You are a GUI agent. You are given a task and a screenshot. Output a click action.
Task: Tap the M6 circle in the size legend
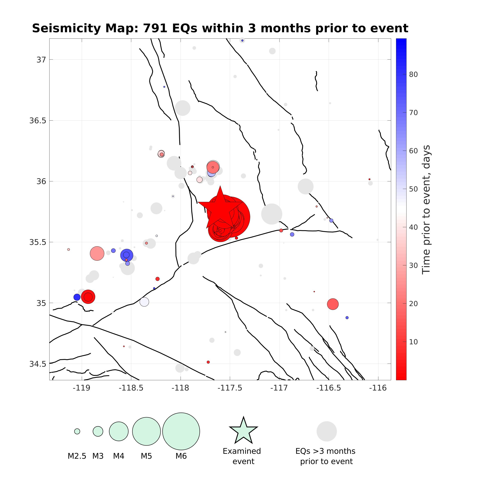181,431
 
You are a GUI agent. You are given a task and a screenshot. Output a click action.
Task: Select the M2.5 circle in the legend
77,431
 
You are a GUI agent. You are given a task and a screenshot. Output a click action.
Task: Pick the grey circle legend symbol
327,431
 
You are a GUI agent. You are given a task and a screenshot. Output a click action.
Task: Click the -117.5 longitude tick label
230,388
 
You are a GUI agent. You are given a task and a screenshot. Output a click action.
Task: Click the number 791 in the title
155,28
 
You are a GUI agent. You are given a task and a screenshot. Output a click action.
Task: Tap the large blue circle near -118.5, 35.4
127,255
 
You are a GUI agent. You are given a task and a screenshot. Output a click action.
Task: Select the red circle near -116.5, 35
333,304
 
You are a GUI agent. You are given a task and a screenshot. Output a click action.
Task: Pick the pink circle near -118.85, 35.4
97,253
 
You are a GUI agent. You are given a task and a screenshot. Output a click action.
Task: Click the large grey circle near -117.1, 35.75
272,214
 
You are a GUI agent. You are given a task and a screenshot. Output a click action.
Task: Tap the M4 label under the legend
119,456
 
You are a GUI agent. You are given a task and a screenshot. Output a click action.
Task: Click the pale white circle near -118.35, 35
144,302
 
